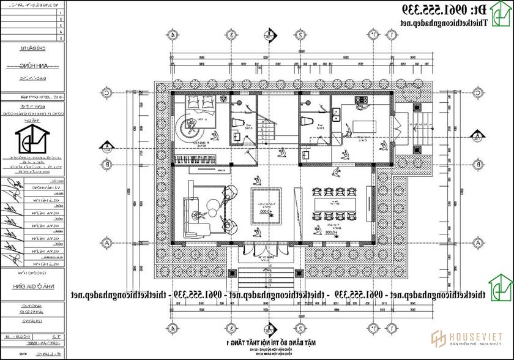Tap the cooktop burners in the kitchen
click(x=362, y=99)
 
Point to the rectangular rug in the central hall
click(x=267, y=205)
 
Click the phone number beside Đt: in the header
click(x=434, y=10)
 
